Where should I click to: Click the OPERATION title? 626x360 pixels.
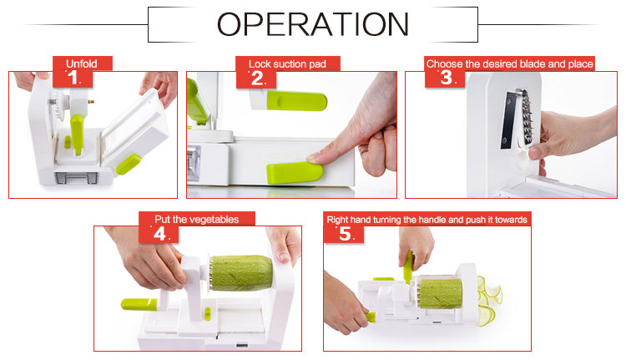pos(313,24)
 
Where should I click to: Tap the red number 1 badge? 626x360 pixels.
pos(73,79)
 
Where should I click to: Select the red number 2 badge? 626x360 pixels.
pos(256,79)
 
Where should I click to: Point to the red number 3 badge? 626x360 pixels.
pos(445,79)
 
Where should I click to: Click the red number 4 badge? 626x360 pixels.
pos(159,234)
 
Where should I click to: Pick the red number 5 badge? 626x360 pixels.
pos(344,234)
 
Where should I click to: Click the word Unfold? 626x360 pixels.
pos(82,63)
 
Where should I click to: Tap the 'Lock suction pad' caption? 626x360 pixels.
pos(287,64)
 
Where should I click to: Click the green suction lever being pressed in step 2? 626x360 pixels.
pos(295,173)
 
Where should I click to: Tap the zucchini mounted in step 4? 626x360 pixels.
pos(242,273)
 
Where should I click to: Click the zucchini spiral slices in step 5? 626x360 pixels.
pos(488,300)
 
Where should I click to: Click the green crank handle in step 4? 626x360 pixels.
pos(139,304)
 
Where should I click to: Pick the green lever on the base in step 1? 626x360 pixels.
pos(129,165)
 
